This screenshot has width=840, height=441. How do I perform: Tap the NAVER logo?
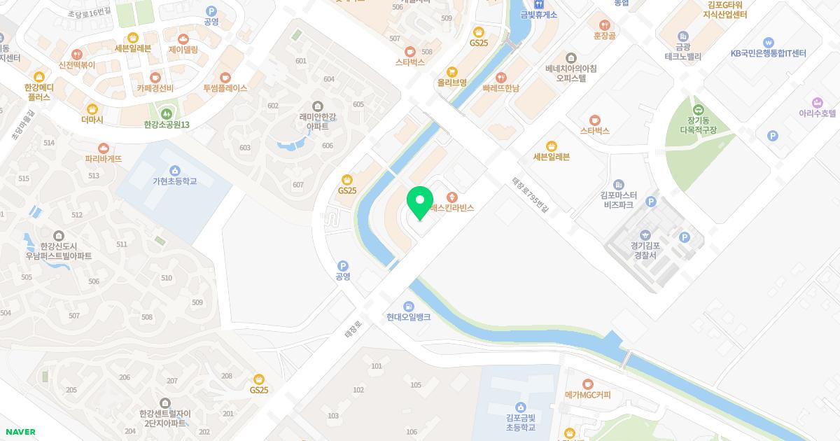click(20, 432)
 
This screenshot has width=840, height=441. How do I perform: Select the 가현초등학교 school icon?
click(174, 170)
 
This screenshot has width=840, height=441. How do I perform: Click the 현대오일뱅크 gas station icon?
click(408, 307)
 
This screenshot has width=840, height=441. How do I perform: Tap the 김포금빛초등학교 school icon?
click(520, 407)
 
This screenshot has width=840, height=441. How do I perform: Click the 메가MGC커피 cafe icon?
click(588, 384)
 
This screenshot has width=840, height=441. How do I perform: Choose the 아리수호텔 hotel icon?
click(817, 102)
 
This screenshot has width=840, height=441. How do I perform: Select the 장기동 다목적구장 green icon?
click(698, 110)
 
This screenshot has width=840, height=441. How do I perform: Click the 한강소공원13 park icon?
click(167, 113)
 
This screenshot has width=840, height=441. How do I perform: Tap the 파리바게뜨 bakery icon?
click(104, 148)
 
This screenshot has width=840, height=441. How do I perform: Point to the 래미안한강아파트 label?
click(318, 121)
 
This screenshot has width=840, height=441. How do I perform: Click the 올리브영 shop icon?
click(451, 71)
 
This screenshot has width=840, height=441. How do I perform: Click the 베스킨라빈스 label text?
click(452, 208)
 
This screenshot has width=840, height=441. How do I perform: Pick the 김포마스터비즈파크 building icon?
click(618, 184)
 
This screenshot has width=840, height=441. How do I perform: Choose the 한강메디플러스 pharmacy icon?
click(39, 77)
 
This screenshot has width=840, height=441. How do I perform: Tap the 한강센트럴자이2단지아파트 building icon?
click(164, 403)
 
